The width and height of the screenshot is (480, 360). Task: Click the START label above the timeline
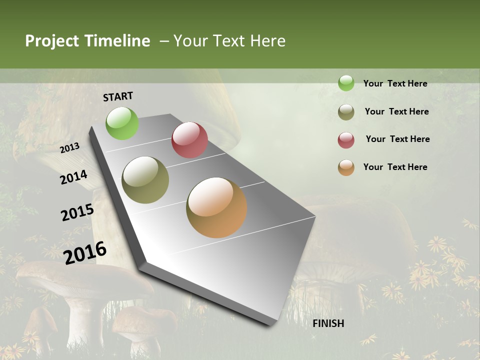[x=118, y=96]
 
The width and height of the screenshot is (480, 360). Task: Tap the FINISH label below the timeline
[x=328, y=323]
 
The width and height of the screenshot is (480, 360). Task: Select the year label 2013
[x=70, y=148]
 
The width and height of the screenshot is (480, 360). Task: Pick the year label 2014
[x=73, y=177]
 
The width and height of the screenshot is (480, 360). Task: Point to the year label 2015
[x=77, y=212]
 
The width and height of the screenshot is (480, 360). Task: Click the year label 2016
[x=85, y=252]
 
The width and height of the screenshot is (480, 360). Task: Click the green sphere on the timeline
[x=122, y=123]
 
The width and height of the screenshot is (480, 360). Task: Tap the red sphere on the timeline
[x=189, y=140]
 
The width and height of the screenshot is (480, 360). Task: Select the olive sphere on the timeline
[x=145, y=180]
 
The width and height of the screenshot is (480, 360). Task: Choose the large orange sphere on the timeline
[x=216, y=207]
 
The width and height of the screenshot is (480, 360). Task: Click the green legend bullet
[x=346, y=83]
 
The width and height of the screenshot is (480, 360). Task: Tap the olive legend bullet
[x=346, y=112]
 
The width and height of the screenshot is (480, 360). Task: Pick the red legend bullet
[x=346, y=140]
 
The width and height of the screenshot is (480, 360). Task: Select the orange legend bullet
[x=346, y=167]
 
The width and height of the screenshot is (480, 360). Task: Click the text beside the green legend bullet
[x=395, y=84]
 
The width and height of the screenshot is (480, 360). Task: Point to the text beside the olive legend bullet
[x=397, y=111]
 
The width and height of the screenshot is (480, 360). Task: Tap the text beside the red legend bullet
[x=398, y=139]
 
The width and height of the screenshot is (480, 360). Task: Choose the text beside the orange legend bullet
[x=395, y=167]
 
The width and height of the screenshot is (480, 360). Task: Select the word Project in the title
[x=52, y=41]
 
